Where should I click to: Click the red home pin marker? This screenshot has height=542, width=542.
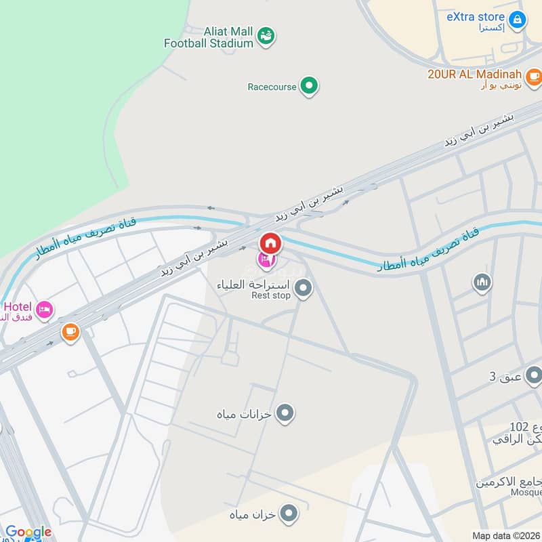point(270,243)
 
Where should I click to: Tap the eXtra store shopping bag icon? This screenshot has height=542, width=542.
point(517,19)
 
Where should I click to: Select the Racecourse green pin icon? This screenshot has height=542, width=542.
point(310,86)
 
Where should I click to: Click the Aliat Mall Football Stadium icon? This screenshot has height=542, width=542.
point(266,35)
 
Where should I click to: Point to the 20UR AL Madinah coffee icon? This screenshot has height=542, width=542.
point(534,75)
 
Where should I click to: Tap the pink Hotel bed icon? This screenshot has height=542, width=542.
point(45,310)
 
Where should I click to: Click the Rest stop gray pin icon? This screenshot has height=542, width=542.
point(304,289)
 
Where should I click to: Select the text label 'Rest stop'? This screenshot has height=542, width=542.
point(271,295)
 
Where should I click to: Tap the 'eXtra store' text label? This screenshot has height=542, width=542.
point(475,17)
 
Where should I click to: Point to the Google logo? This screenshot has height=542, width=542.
point(28,532)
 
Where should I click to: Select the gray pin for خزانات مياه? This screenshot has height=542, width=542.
point(286,412)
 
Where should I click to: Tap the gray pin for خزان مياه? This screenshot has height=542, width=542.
point(289,514)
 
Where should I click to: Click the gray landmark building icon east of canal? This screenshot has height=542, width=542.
point(482,282)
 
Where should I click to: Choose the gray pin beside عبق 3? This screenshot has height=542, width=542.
point(534,375)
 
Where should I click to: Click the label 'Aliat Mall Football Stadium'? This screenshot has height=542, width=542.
point(209,37)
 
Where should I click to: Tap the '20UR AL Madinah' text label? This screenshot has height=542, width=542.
point(475,75)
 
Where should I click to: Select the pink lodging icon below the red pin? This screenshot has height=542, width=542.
point(266,259)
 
